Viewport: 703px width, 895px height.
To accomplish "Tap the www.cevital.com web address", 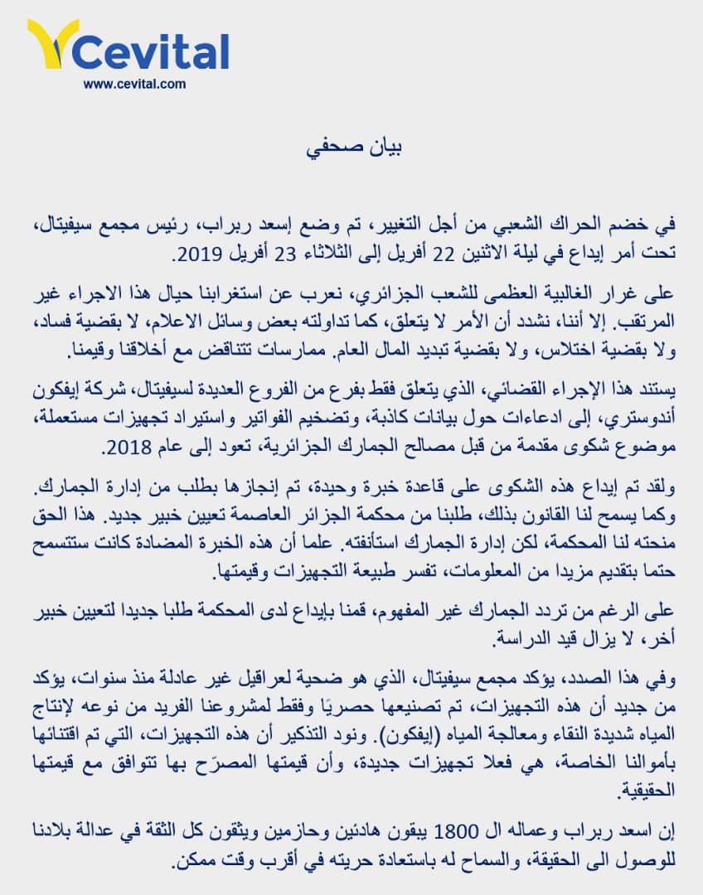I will [x=134, y=84].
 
